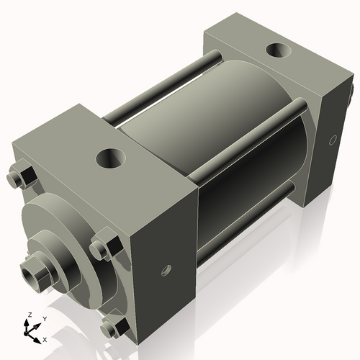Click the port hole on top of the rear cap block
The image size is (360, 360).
[x=276, y=52]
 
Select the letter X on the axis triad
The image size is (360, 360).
[x=45, y=338]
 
